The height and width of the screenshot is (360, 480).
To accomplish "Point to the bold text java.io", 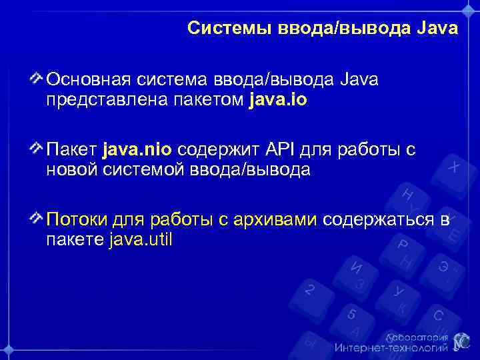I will pyautogui.click(x=279, y=100).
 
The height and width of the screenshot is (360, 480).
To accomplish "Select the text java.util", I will pyautogui.click(x=139, y=239).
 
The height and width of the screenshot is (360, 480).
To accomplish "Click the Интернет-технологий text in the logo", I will pyautogui.click(x=391, y=347).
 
